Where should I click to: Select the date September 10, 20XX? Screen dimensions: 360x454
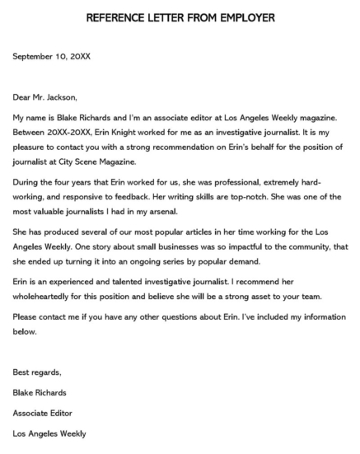coord(52,56)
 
